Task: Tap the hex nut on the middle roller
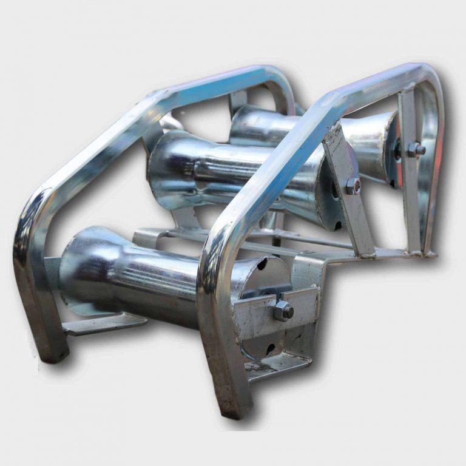point(353,186)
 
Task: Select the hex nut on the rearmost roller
point(415,149)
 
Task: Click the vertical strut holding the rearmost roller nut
point(409,176)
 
